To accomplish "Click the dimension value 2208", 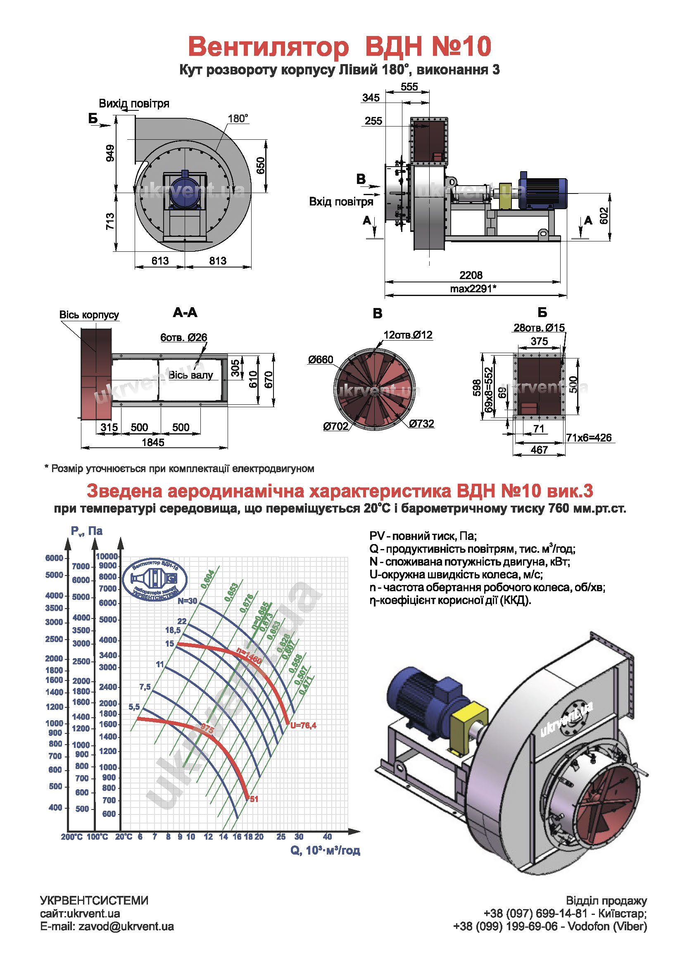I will click(471, 275).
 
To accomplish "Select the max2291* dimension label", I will click(473, 289).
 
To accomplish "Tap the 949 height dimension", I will click(110, 153).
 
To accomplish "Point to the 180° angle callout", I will click(238, 119).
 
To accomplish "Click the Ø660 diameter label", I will click(320, 360).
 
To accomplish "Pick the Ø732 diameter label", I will click(421, 424).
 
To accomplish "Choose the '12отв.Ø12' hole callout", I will click(407, 335).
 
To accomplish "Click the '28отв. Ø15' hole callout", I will click(539, 328).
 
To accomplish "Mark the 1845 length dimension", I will click(153, 442).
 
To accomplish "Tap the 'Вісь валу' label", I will click(190, 375).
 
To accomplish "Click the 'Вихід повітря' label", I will click(134, 104).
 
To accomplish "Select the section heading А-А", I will click(185, 313).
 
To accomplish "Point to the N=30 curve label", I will click(187, 601).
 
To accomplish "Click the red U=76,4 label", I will click(303, 725).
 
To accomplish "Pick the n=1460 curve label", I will click(249, 656).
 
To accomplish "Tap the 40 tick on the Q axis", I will click(327, 836).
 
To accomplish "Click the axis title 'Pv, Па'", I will click(87, 531).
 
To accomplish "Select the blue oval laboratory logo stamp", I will click(155, 579).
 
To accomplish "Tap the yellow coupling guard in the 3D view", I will click(468, 724).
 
